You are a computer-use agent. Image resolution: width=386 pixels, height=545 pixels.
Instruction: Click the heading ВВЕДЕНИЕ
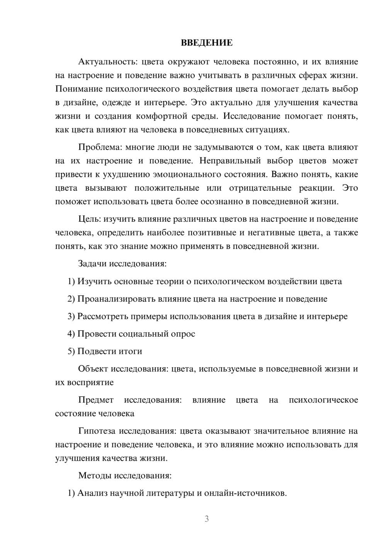[x=207, y=43]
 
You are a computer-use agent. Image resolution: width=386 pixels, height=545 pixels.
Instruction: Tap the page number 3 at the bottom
[x=207, y=519]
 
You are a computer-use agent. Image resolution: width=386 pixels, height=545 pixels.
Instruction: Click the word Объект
[x=93, y=369]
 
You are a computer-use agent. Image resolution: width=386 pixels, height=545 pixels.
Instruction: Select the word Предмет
[x=96, y=400]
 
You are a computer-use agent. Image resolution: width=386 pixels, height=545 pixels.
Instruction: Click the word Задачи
[x=92, y=264]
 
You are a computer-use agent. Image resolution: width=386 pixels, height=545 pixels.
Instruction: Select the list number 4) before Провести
[x=71, y=334]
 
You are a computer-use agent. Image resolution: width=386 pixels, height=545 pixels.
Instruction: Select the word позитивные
[x=212, y=232]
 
